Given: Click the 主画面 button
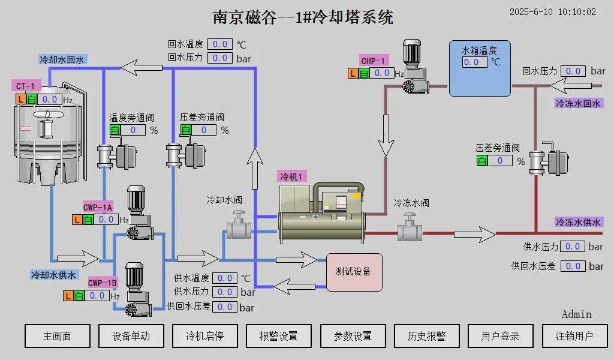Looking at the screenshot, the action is coord(58,336).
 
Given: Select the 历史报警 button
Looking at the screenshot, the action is coord(426,336).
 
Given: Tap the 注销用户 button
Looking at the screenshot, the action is coord(574,336).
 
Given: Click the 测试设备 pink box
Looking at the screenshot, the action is coord(354,272).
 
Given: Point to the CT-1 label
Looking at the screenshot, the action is coord(26,86).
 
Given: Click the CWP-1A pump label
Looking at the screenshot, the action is coord(98,207).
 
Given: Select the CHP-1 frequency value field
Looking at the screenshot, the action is coord(381,73).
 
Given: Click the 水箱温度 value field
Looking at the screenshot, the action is coord(475,62).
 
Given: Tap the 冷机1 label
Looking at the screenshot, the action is coord(291,176).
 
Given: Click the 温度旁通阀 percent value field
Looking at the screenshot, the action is coord(133,130).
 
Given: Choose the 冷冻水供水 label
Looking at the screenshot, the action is coord(578,222).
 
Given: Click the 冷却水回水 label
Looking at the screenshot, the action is coord(62,59).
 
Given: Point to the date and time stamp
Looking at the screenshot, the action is coord(552,12).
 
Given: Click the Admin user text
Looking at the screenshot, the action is coord(576,314).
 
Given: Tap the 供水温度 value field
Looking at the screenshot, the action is coord(225,278).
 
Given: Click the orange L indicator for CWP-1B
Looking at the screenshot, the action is coord(68,296).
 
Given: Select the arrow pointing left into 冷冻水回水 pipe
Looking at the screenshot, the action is coord(571,85).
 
